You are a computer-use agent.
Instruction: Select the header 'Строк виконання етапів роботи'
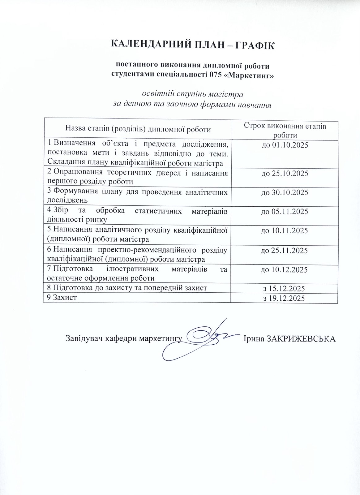coord(285,130)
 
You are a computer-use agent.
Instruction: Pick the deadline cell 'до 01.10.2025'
coord(285,145)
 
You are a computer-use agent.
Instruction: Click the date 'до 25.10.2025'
coord(285,174)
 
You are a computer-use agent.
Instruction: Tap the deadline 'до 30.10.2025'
coord(285,192)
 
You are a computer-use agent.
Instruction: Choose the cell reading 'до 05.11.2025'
coord(285,212)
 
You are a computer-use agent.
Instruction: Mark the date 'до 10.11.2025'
coord(285,231)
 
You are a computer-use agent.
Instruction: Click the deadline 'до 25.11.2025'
coord(285,250)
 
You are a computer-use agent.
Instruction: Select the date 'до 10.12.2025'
coord(285,269)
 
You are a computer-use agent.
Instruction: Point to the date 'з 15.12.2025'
coord(285,289)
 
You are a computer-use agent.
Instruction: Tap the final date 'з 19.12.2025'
coord(285,298)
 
